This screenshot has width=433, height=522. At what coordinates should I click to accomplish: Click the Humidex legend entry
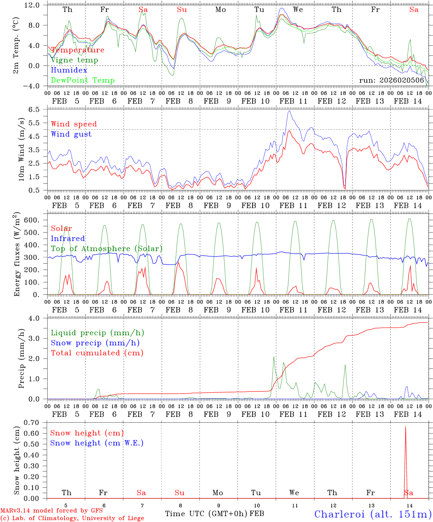[69, 70]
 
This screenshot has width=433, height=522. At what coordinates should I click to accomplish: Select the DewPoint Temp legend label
[83, 80]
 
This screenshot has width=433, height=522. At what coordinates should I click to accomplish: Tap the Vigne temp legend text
[74, 60]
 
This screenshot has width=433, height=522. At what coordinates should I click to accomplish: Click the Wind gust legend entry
[71, 134]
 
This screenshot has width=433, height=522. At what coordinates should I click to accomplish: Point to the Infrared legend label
[68, 239]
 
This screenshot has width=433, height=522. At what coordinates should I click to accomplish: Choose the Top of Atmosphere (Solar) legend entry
[106, 249]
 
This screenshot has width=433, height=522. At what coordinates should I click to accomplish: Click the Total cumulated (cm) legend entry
[97, 353]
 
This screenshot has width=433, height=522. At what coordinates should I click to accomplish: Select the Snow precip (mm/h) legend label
[95, 343]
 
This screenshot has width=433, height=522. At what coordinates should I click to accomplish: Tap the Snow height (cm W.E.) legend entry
[96, 443]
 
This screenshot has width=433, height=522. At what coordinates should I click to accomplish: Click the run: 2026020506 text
[392, 80]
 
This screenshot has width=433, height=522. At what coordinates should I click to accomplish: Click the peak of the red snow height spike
[405, 427]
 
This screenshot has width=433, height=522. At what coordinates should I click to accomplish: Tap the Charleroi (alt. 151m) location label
[373, 514]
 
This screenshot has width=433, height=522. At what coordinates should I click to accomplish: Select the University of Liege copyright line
[72, 518]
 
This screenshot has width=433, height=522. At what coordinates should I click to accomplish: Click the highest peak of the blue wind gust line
[289, 111]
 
